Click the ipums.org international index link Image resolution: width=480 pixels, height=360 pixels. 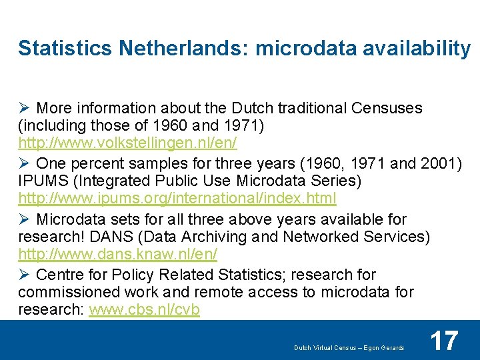point(177,198)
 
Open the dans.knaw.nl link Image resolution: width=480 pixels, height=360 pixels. point(118,254)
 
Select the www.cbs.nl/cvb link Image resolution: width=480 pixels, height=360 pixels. point(144,310)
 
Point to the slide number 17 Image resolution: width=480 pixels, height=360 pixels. point(444,341)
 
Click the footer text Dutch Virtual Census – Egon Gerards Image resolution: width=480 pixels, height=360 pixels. point(349,348)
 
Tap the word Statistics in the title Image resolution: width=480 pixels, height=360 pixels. point(65,48)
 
